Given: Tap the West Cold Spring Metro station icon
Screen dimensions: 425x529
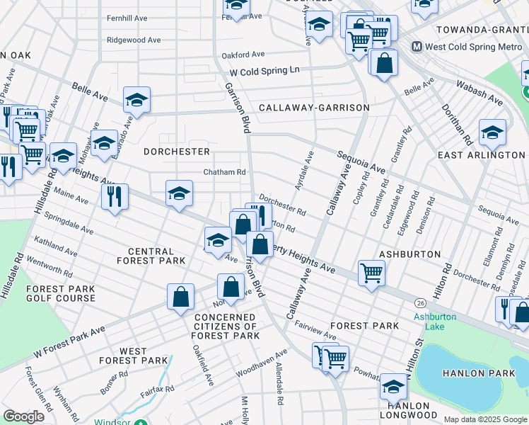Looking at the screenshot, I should coord(417,47).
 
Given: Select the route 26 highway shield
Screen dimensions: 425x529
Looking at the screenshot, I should coord(421,302).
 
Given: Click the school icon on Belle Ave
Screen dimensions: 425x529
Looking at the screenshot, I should coord(136,99).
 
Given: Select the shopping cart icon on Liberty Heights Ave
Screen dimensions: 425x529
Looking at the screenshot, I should coord(371,271).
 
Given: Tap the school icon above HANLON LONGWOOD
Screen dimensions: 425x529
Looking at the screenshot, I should coord(393,386).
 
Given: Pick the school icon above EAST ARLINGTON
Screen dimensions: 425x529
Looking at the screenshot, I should coord(492,131).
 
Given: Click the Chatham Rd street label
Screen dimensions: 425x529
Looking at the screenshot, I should coord(224,172).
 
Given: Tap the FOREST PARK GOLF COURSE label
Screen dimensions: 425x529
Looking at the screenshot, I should coord(60,293).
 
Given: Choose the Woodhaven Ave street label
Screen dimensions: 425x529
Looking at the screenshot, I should coord(262,362).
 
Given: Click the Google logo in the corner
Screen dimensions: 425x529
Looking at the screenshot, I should coord(24,416).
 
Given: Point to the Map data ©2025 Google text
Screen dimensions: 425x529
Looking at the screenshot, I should coord(484,419).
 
